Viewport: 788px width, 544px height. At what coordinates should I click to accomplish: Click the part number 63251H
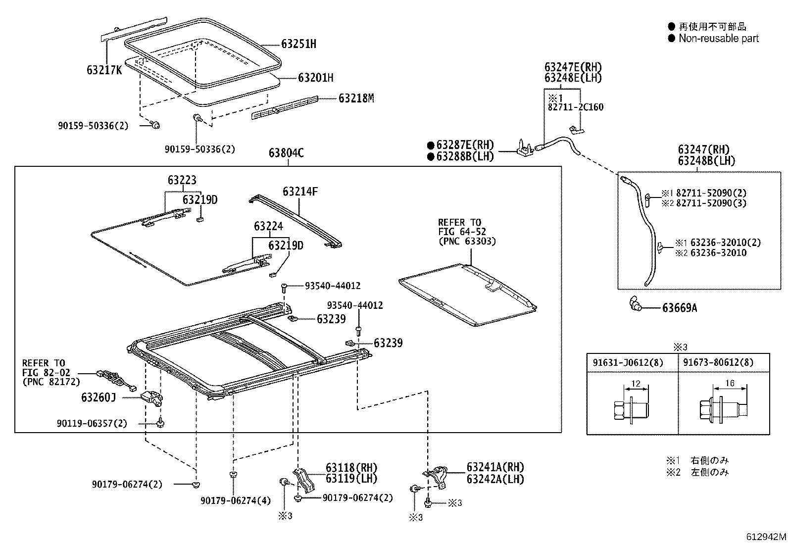point(298,44)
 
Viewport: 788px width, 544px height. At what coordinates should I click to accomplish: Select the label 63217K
point(104,70)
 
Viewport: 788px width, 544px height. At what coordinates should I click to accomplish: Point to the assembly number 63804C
point(286,153)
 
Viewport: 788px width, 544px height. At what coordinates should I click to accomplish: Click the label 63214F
point(300,192)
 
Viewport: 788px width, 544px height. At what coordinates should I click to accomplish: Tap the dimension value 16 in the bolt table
point(729,383)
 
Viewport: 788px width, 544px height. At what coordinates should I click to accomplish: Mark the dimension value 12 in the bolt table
point(636,383)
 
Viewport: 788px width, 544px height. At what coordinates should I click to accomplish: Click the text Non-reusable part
point(718,39)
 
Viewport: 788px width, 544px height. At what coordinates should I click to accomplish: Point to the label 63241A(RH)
point(495,467)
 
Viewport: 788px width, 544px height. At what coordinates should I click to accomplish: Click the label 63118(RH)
point(351,468)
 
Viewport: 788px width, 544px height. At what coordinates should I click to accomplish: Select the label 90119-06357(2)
point(92,424)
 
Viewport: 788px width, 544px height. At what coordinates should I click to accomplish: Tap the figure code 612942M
point(766,537)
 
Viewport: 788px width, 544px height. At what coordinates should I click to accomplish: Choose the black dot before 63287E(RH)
point(431,145)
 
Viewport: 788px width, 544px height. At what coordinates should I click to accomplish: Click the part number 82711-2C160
point(575,107)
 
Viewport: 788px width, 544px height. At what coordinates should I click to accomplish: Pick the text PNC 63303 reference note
point(467,242)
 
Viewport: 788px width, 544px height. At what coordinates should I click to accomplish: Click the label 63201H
point(315,78)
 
